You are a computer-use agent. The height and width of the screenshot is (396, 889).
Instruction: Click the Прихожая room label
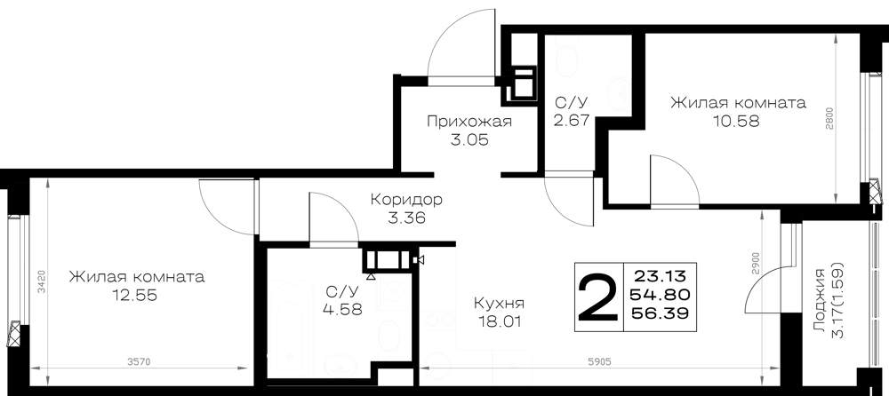click(469, 122)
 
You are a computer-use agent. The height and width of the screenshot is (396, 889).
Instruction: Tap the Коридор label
click(406, 200)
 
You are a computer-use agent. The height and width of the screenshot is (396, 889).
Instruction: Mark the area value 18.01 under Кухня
click(499, 322)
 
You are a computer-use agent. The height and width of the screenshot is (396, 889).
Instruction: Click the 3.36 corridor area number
click(406, 218)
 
